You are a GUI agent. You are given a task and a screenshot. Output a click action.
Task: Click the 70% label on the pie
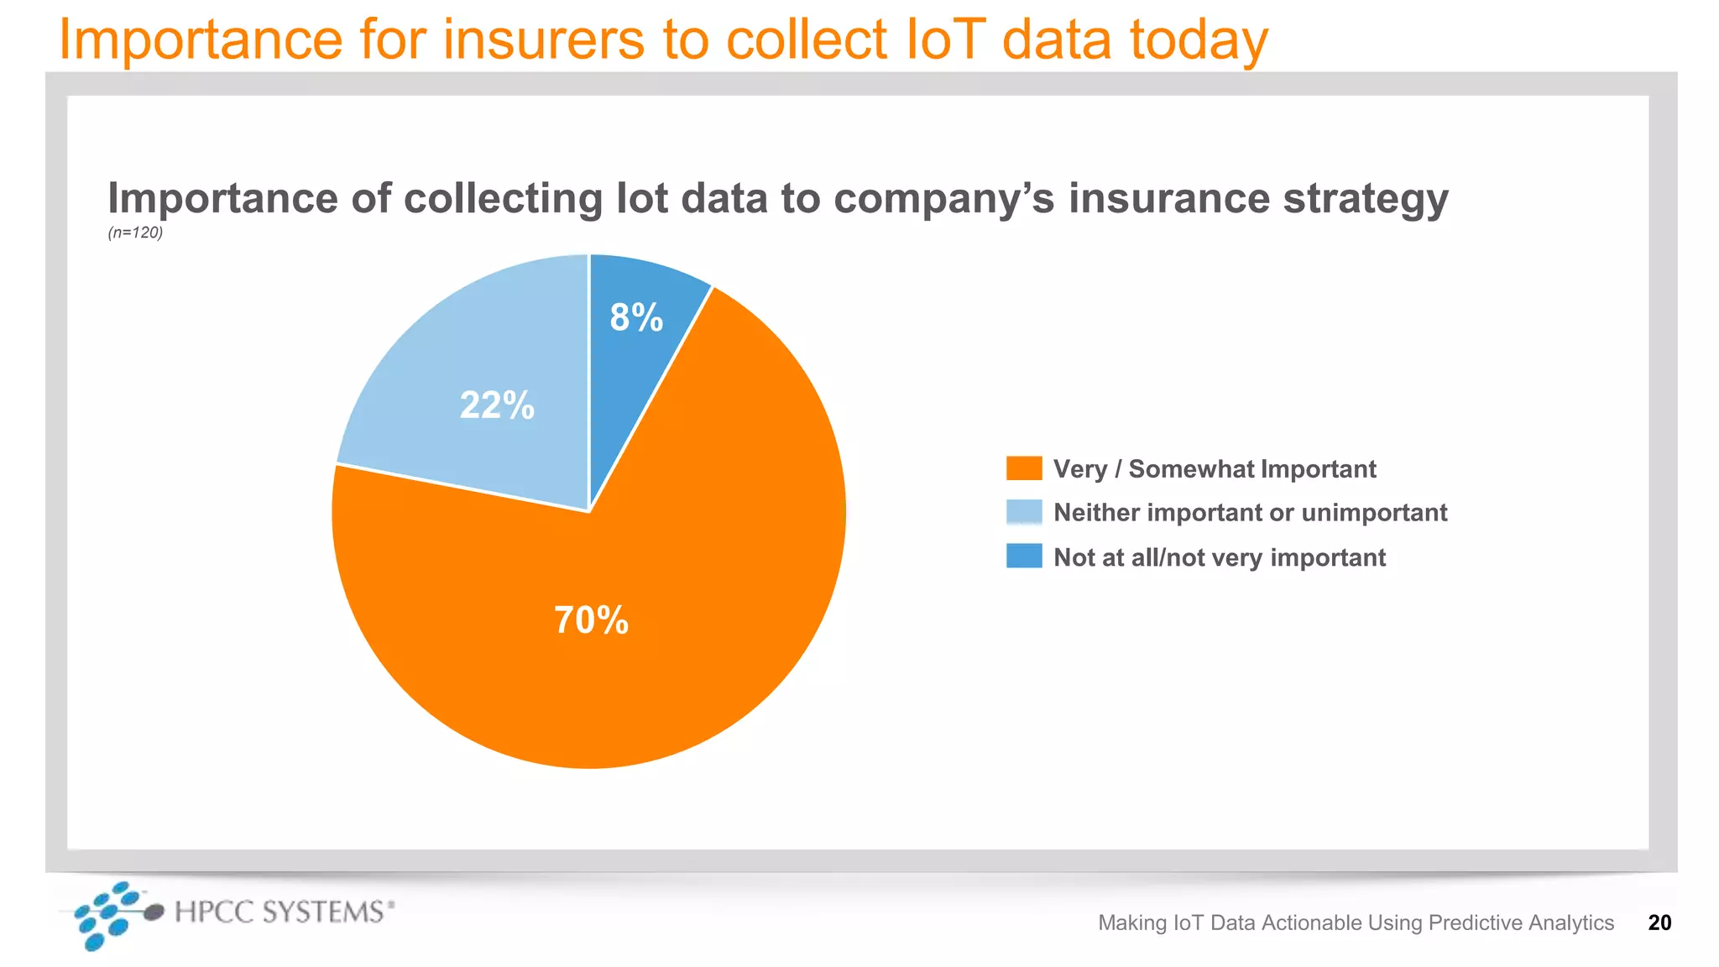coord(591,620)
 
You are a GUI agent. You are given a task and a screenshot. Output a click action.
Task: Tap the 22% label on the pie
coord(497,405)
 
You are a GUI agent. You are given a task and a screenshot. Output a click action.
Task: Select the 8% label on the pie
coord(636,317)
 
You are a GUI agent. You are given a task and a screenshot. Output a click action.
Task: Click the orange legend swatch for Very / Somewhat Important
coord(1024,468)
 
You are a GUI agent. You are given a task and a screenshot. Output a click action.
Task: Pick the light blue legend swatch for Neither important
coord(1024,512)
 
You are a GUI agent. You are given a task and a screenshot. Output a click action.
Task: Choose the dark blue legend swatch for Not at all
coord(1024,557)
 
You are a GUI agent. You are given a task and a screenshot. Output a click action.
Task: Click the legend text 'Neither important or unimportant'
coord(1250,512)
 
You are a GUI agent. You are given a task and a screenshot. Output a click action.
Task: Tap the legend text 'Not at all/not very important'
coord(1219,557)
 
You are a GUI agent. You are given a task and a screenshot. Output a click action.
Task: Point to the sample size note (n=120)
coord(135,233)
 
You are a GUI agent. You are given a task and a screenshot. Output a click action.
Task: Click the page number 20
coord(1659,923)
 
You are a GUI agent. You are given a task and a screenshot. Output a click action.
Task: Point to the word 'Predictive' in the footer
coord(1475,923)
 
